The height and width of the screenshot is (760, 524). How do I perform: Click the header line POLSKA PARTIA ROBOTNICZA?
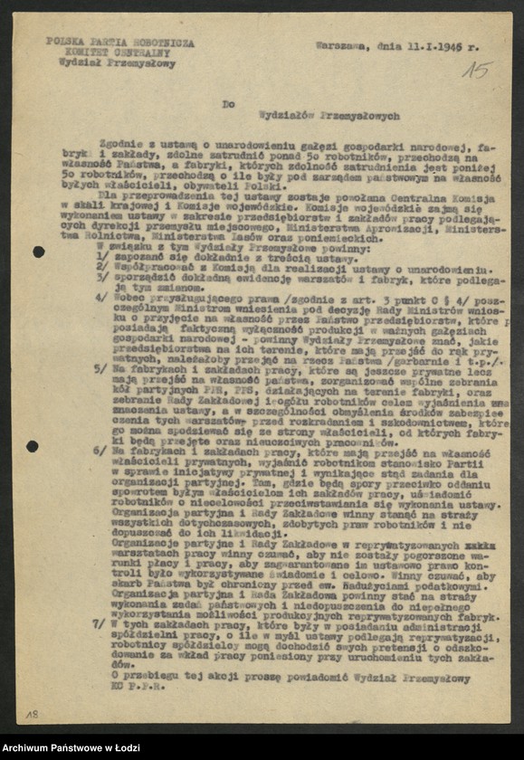(119, 43)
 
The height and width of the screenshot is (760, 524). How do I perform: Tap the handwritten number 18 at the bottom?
(32, 714)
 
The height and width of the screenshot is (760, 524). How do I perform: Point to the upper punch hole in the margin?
(38, 252)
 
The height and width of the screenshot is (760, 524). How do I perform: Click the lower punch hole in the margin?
(33, 446)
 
